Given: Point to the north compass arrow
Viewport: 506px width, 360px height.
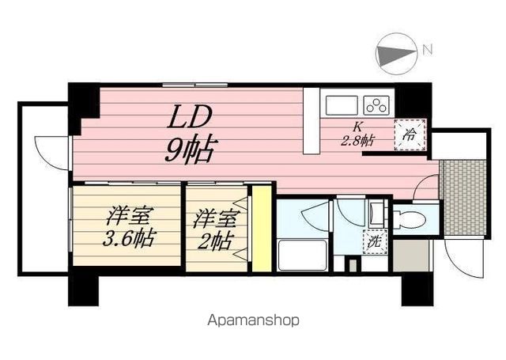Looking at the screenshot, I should coord(395,53).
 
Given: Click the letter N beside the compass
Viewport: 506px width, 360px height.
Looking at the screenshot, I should coord(428,50).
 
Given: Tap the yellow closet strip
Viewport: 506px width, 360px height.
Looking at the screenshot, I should coord(262,229).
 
